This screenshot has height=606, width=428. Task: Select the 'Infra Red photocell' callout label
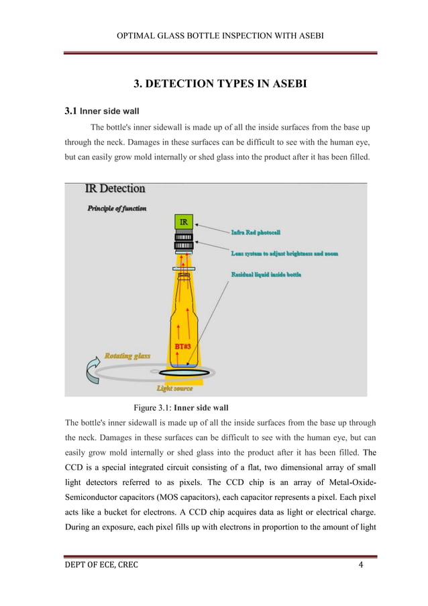point(256,232)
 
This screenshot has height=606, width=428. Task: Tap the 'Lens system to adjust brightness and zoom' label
point(284,253)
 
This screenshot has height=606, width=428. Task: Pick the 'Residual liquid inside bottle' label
point(266,275)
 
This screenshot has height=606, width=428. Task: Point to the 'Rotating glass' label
point(127,355)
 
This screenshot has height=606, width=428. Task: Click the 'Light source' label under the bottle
point(175,388)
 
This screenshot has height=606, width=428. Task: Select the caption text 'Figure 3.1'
point(152,408)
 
